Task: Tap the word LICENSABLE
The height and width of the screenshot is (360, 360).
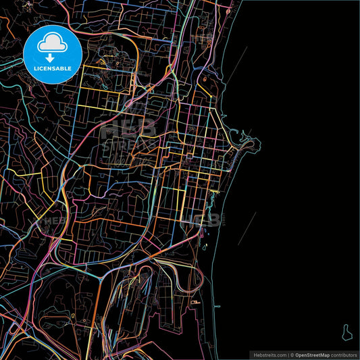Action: [53, 69]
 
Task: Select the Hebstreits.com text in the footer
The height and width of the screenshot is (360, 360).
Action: [268, 355]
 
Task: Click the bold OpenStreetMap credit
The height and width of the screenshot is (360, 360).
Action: [316, 355]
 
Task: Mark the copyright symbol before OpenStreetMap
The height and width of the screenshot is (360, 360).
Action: [292, 355]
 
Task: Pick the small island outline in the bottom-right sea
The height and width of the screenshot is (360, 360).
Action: [346, 331]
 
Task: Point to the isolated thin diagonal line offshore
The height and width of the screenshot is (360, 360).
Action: [247, 227]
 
